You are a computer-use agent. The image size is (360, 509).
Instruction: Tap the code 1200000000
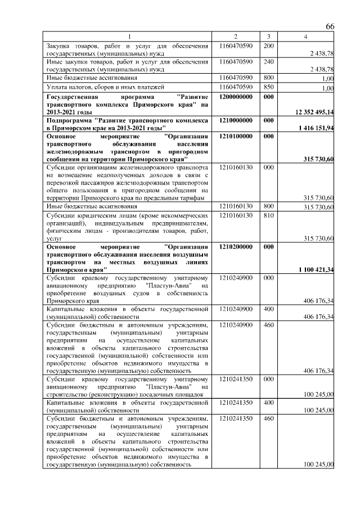coord(236,97)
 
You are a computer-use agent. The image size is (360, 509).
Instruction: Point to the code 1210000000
coord(236,120)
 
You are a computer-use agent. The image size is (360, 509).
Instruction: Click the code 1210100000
coord(236,136)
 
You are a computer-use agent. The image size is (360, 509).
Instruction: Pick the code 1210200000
coord(236,246)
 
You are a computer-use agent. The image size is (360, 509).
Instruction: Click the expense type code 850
coord(268,87)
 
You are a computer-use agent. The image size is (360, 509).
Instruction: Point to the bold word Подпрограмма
coord(69,120)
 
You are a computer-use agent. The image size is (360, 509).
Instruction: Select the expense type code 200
coord(268,45)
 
